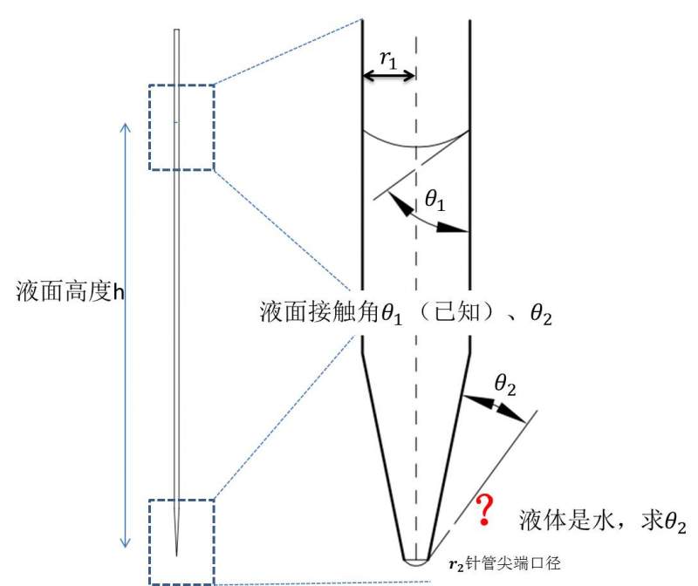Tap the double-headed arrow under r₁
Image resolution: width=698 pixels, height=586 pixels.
pos(389,76)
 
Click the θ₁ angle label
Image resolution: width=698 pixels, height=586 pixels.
pos(437,201)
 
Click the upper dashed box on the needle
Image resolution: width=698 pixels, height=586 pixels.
pos(181,127)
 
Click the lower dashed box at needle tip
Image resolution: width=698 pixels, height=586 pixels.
pos(181,541)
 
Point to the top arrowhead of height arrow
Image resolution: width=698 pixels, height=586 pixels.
pos(125,126)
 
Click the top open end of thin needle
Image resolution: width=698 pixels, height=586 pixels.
pos(177,31)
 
